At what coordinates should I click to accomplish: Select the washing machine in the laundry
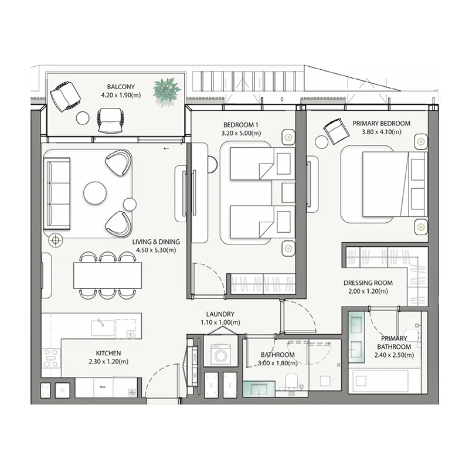point(222,355)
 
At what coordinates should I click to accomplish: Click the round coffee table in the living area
point(95,192)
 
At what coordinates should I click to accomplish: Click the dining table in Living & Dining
point(108,275)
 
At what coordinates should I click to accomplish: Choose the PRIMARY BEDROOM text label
point(381,124)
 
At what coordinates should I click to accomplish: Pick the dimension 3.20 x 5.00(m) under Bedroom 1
point(240,133)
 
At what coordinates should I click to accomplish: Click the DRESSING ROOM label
point(368,283)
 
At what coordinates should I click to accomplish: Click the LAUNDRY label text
point(220,314)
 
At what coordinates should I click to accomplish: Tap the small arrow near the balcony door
point(166,149)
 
